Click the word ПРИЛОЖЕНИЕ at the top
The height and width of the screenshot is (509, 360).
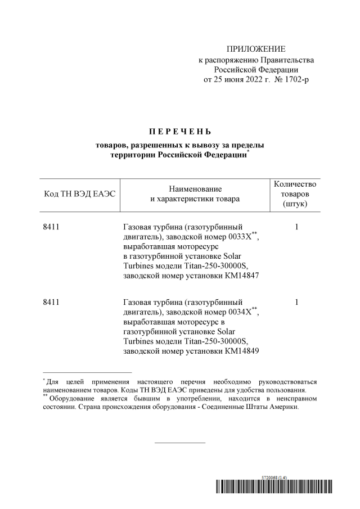tap(256, 49)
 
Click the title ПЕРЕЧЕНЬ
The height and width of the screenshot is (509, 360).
tap(180, 132)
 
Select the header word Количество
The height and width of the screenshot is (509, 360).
tap(295, 184)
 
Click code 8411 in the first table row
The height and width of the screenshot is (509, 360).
tap(51, 227)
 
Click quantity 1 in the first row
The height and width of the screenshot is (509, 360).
tap(296, 227)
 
